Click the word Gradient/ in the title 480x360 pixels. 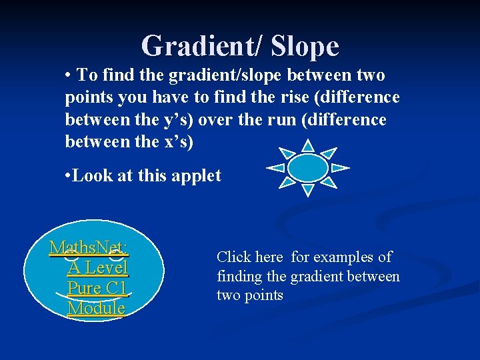[199, 47]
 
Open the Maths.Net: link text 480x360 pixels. [89, 248]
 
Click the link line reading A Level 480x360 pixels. [97, 268]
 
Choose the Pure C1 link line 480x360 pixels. [97, 288]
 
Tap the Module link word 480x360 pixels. [97, 308]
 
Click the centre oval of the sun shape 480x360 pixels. [307, 168]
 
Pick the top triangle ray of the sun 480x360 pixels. [307, 145]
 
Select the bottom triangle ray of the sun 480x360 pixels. [307, 191]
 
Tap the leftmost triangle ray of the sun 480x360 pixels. [275, 168]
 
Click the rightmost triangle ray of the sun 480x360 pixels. [340, 168]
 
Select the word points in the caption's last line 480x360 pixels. [265, 295]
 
